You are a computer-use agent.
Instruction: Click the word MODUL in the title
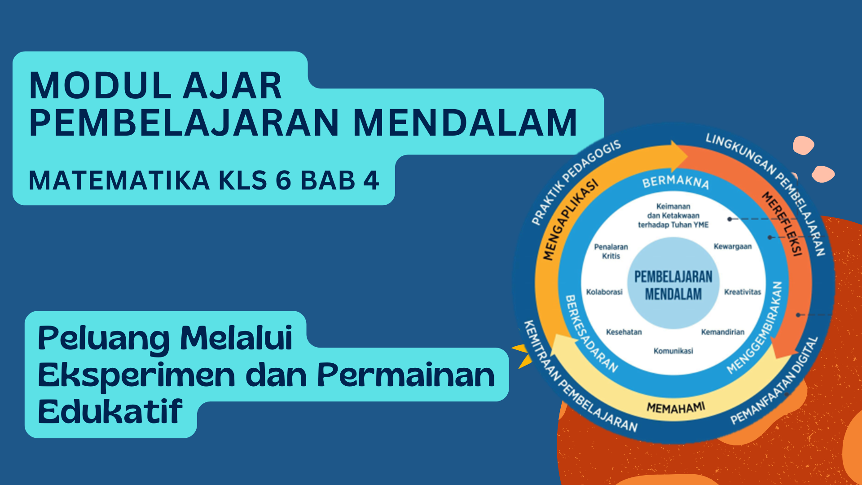pyautogui.click(x=100, y=85)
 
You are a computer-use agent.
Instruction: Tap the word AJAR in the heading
pyautogui.click(x=233, y=85)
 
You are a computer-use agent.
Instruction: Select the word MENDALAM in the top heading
pyautogui.click(x=465, y=122)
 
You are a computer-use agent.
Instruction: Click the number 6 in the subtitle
pyautogui.click(x=283, y=180)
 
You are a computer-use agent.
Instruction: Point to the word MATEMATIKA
pyautogui.click(x=119, y=180)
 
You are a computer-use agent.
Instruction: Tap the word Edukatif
pyautogui.click(x=110, y=411)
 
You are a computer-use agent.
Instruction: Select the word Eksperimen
pyautogui.click(x=136, y=376)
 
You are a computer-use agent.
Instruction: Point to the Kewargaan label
pyautogui.click(x=733, y=247)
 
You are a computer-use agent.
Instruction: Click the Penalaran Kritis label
pyautogui.click(x=611, y=251)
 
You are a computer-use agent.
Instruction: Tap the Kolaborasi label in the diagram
pyautogui.click(x=604, y=292)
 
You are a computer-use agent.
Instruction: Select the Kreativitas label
pyautogui.click(x=743, y=292)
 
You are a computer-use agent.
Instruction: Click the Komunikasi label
pyautogui.click(x=673, y=351)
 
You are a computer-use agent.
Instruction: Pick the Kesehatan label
pyautogui.click(x=624, y=332)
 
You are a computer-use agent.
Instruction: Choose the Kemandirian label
pyautogui.click(x=723, y=332)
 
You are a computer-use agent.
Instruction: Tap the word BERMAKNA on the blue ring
pyautogui.click(x=676, y=182)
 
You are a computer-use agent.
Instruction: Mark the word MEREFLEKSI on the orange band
pyautogui.click(x=782, y=224)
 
